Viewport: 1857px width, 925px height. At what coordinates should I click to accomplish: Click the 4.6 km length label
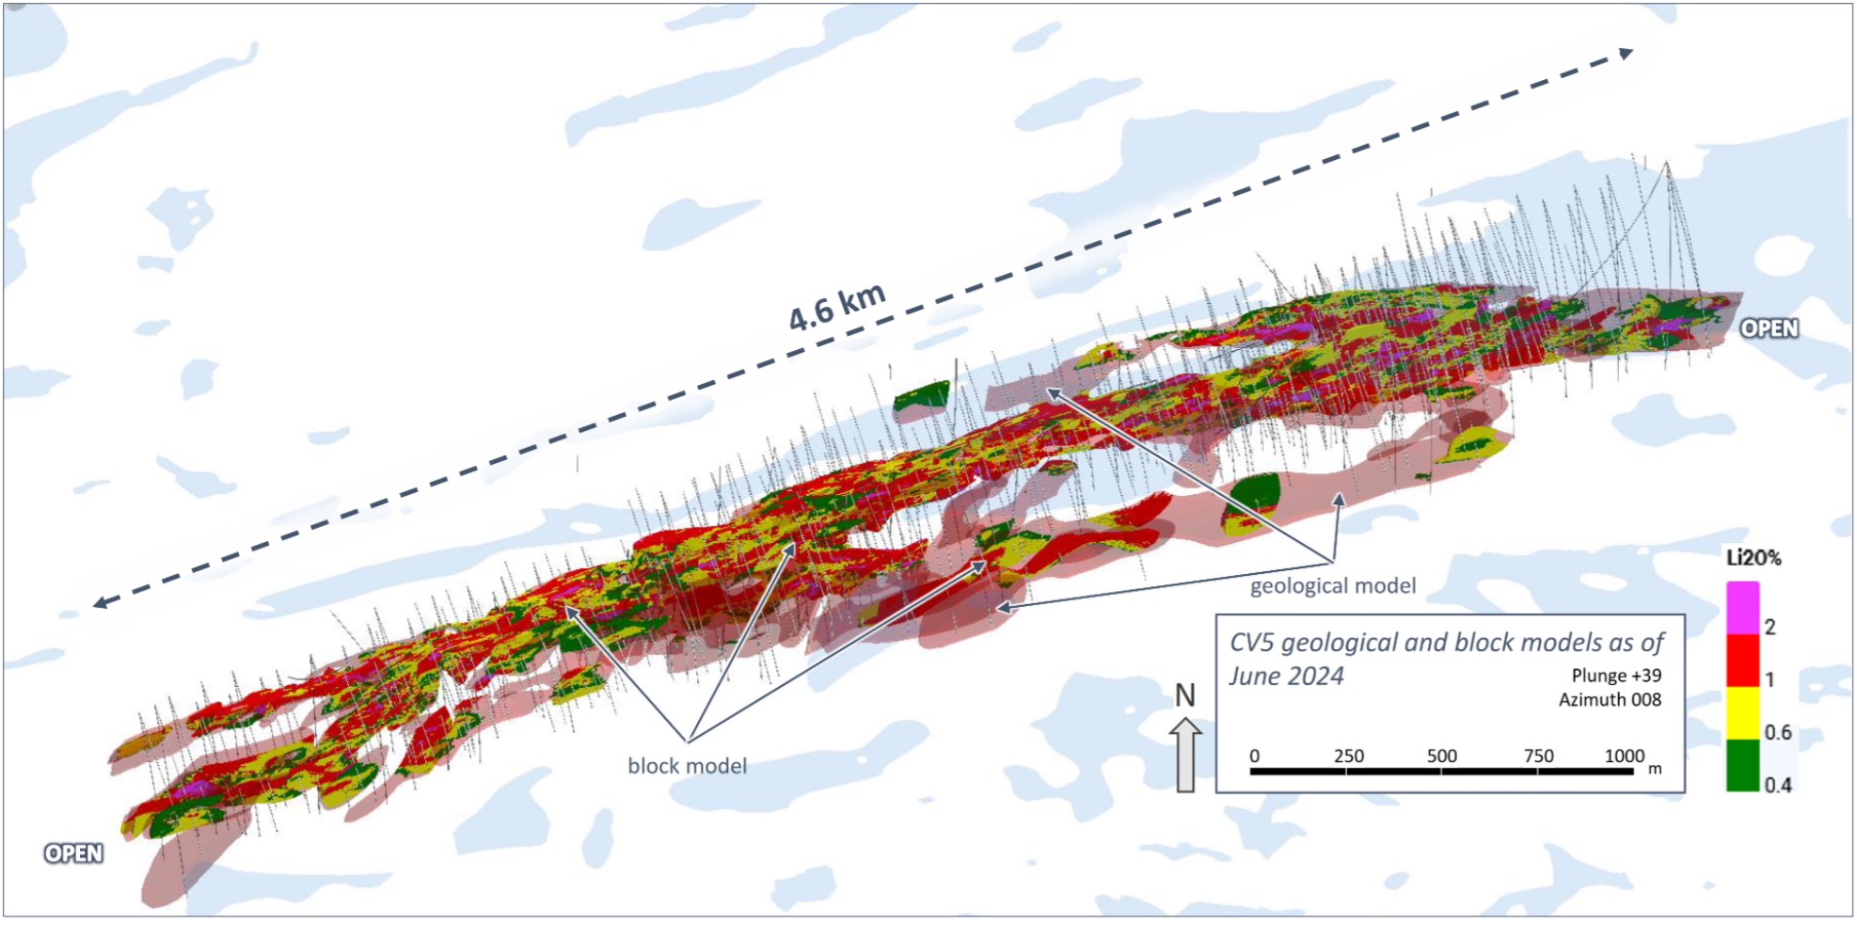(x=837, y=307)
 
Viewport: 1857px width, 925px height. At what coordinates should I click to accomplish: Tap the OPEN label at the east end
(x=1769, y=328)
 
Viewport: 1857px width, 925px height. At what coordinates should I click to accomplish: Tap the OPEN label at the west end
(x=73, y=853)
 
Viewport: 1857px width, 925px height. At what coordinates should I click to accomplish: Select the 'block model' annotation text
(x=687, y=766)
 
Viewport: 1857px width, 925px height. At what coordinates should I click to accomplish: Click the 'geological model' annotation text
(x=1332, y=586)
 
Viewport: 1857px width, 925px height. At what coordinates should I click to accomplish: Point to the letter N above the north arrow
(x=1184, y=696)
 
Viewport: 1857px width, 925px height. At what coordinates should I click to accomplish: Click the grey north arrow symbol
(x=1185, y=755)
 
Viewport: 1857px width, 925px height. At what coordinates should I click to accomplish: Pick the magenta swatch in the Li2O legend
(x=1742, y=608)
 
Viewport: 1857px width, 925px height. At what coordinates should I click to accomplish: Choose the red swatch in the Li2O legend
(x=1742, y=661)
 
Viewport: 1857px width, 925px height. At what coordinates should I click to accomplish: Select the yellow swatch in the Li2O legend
(x=1742, y=713)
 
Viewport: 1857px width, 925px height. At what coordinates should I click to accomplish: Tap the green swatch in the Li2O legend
(x=1742, y=766)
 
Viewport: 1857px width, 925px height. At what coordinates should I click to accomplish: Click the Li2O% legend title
(x=1754, y=558)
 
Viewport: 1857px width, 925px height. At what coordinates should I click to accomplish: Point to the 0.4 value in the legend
(x=1777, y=785)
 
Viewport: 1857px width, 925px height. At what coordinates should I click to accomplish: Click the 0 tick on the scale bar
(x=1254, y=757)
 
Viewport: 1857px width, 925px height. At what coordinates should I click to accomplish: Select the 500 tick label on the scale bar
(x=1441, y=757)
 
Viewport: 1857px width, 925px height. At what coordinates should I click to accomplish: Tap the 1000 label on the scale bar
(x=1624, y=757)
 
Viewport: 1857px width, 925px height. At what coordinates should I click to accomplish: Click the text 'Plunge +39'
(x=1616, y=676)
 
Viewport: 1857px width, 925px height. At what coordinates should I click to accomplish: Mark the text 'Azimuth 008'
(x=1610, y=700)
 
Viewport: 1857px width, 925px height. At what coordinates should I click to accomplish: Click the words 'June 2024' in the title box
(x=1286, y=677)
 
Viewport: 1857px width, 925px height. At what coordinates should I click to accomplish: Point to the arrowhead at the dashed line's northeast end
(x=1626, y=54)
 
